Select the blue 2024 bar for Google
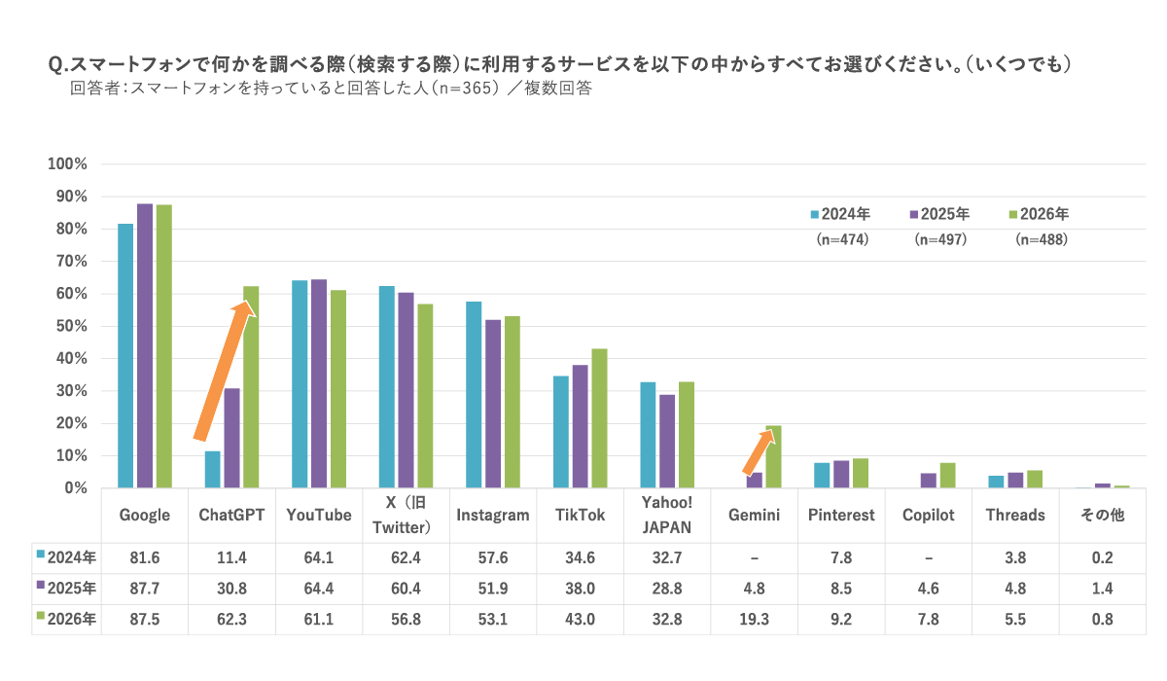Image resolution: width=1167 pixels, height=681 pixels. [125, 356]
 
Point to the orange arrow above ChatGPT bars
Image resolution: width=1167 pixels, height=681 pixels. [226, 370]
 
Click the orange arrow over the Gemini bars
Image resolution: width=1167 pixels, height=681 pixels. [760, 451]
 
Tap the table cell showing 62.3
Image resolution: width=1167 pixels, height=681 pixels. [231, 619]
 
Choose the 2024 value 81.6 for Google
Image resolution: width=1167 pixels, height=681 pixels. [144, 557]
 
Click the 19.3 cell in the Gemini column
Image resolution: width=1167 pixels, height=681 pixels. [754, 619]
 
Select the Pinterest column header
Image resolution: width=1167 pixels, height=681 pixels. [841, 515]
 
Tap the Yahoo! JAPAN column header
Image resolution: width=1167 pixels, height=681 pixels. [666, 515]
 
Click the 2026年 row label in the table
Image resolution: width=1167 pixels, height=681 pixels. [66, 619]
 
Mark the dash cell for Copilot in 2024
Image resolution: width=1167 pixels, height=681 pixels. [928, 557]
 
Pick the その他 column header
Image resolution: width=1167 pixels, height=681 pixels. [1103, 515]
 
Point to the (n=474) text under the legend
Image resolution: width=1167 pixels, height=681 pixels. [841, 239]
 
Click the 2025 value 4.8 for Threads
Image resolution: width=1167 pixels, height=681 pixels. [1015, 589]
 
